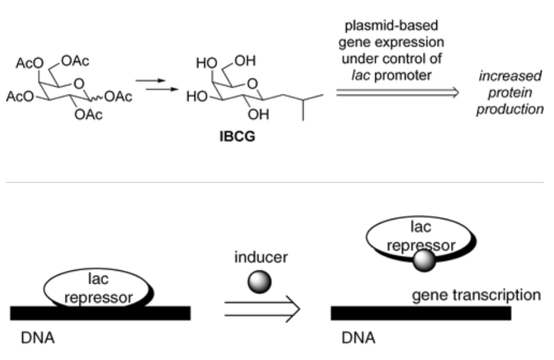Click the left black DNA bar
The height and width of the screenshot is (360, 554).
click(x=100, y=313)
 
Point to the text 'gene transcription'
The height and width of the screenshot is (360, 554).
click(x=476, y=296)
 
